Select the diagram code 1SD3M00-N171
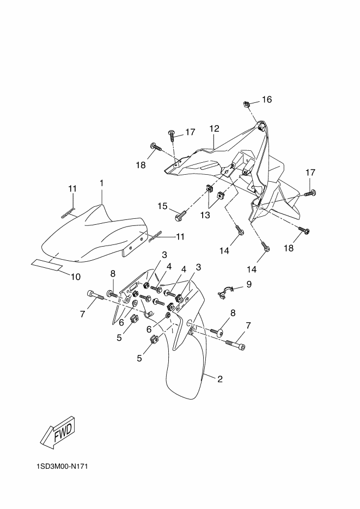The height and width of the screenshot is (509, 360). point(62,467)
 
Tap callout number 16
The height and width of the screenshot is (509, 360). point(267,99)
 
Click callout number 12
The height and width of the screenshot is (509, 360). point(214,128)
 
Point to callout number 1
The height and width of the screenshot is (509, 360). point(102,183)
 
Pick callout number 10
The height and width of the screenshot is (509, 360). point(75,277)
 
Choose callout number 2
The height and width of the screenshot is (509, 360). point(220,379)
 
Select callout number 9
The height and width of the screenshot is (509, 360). point(249,284)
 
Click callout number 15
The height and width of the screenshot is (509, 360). point(163,206)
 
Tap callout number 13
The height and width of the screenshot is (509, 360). point(205,215)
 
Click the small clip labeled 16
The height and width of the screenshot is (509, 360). point(246,104)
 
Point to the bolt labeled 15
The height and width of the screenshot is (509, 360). point(181,214)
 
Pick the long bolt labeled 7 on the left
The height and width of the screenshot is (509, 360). point(95,295)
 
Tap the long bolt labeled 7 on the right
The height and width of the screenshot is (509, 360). point(235,345)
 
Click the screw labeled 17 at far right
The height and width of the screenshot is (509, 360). point(310,193)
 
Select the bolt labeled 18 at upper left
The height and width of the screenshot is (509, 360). point(156,147)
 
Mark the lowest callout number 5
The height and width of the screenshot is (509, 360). point(139,358)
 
